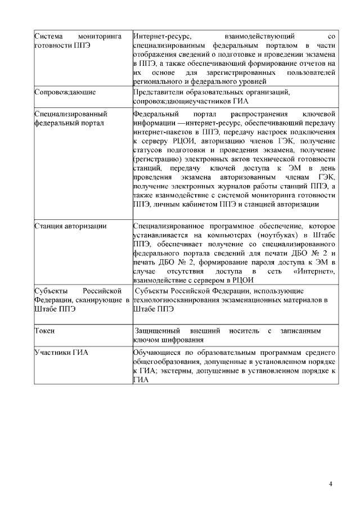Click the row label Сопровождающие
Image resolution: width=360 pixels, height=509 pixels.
pos(65,91)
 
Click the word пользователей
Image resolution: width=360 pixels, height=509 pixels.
pos(311,73)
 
